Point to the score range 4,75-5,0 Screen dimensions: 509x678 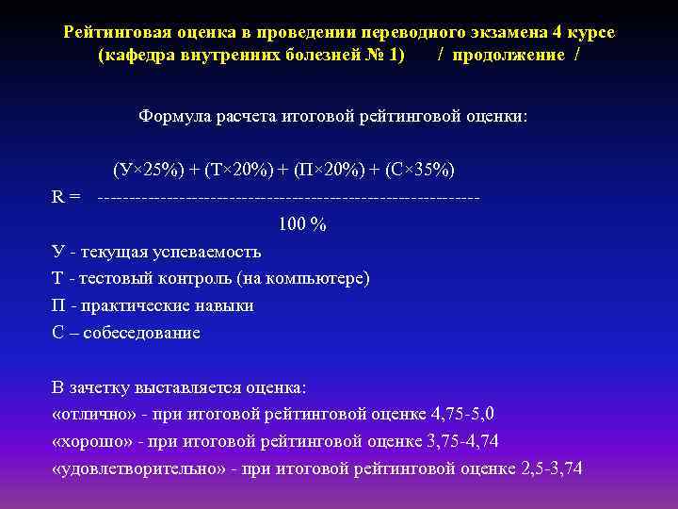click(x=468, y=413)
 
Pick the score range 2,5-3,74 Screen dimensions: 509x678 click(x=551, y=467)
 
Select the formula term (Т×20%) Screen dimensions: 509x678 click(x=231, y=170)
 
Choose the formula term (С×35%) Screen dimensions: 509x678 click(x=413, y=170)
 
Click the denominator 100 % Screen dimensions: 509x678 click(x=302, y=225)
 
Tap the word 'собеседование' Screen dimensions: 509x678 click(x=141, y=333)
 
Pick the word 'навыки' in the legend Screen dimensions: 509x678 click(x=225, y=305)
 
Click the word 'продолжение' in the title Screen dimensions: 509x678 click(x=508, y=55)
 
